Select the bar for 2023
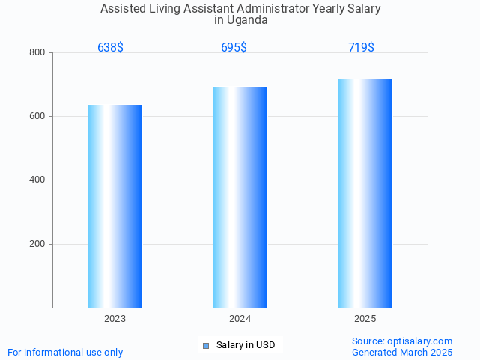pos(115,206)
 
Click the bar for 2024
pos(240,197)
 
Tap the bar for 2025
pos(365,193)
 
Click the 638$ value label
pos(110,47)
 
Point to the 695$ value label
pos(234,47)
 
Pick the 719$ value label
pos(361,47)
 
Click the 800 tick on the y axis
pos(37,52)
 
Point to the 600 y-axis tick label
pos(37,116)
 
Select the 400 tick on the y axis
pos(37,180)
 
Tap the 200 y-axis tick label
pos(37,244)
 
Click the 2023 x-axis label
pos(115,319)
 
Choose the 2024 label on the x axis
pos(240,319)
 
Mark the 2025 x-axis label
pos(365,319)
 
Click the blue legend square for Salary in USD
pos(206,345)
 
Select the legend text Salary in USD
pos(246,345)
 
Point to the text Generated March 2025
pos(402,352)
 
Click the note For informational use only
pos(65,352)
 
